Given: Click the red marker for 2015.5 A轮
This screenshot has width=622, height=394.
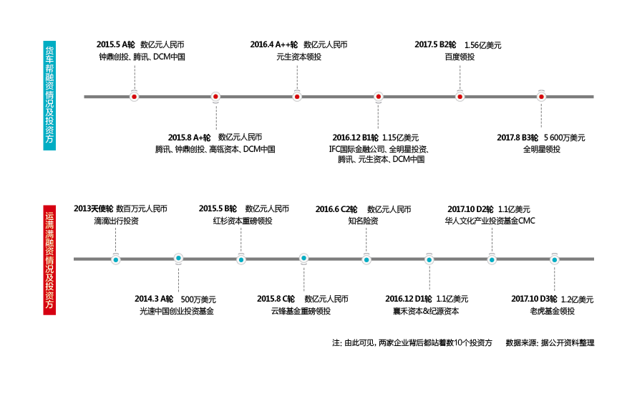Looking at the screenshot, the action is pyautogui.click(x=134, y=96).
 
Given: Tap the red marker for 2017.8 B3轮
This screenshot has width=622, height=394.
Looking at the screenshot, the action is pyautogui.click(x=542, y=96).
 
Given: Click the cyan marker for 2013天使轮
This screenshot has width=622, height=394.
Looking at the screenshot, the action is pyautogui.click(x=116, y=259).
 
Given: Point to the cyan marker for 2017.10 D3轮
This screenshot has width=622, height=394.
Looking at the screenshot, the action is pyautogui.click(x=555, y=259).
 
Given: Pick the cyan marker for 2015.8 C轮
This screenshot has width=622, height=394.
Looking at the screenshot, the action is pyautogui.click(x=304, y=259).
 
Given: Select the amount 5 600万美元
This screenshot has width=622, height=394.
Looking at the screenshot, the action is pyautogui.click(x=565, y=138).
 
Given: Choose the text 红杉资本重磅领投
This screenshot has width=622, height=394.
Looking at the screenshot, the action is pyautogui.click(x=243, y=221).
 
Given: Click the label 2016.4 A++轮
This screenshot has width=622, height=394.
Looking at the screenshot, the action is pyautogui.click(x=274, y=44).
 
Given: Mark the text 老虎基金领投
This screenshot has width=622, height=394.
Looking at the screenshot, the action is pyautogui.click(x=552, y=312).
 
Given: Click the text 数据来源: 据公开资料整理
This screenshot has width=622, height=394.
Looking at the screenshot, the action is pyautogui.click(x=550, y=343).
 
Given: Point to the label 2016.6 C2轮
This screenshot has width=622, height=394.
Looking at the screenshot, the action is pyautogui.click(x=336, y=209).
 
